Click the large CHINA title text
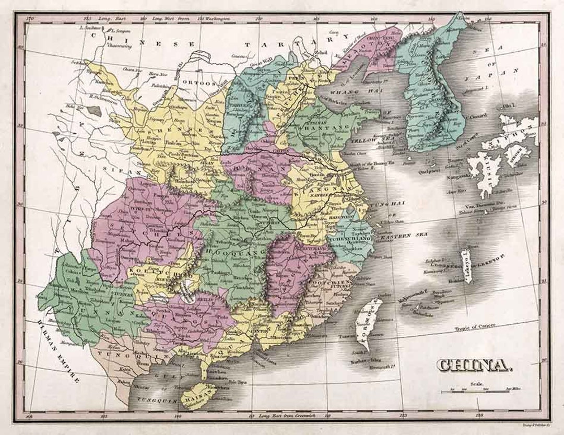point(473,365)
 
